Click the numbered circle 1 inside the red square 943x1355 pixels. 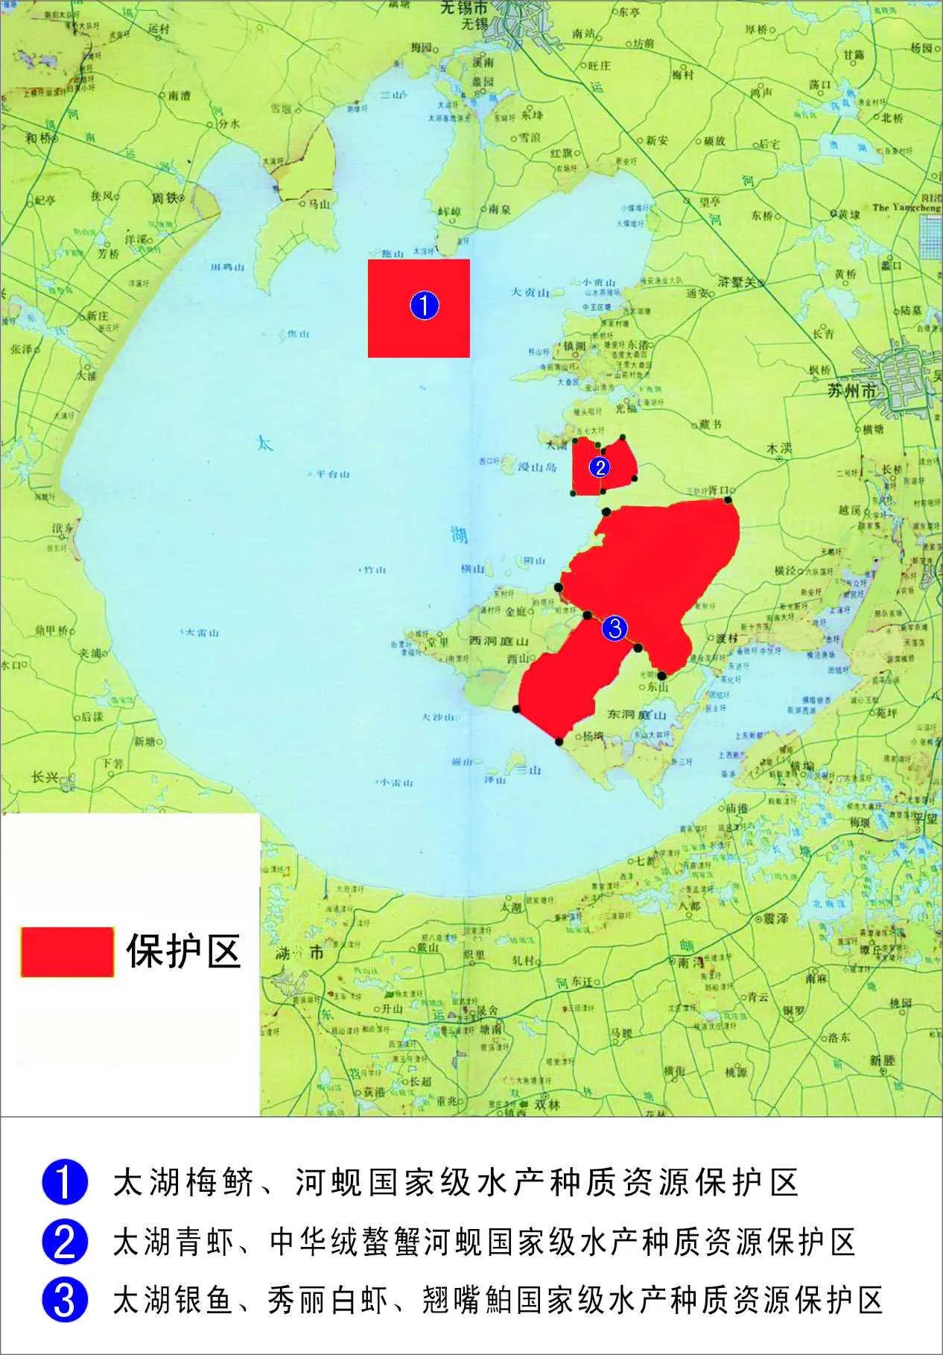[424, 306]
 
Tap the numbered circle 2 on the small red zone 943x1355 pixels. [599, 467]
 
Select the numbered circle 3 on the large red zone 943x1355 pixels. [615, 628]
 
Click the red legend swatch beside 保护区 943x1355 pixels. [67, 952]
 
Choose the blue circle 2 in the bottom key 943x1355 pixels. [65, 1242]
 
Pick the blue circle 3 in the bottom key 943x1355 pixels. [65, 1300]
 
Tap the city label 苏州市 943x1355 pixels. [850, 391]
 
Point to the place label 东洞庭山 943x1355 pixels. [636, 714]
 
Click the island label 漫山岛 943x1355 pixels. [538, 467]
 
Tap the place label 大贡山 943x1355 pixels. [530, 293]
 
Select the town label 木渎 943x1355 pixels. [779, 449]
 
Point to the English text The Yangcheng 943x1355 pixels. [906, 208]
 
